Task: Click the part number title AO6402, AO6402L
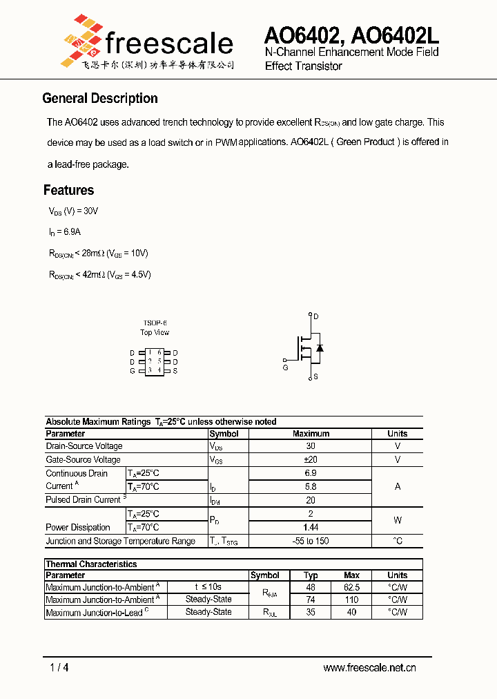point(351,34)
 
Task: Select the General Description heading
point(100,98)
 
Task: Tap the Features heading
point(68,190)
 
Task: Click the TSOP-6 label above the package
point(155,323)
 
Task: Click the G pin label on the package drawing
point(133,371)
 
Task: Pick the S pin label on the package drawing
point(175,371)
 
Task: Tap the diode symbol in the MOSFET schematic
point(319,347)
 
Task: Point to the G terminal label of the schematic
point(285,367)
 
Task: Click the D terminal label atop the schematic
point(316,316)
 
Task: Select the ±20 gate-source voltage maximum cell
point(311,459)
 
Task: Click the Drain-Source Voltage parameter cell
point(84,446)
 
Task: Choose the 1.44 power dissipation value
point(311,527)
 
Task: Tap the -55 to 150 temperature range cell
point(311,541)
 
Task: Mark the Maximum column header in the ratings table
point(311,434)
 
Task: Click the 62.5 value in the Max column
point(351,587)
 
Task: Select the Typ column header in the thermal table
point(311,575)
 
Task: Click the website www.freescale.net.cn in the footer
point(369,667)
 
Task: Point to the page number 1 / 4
point(59,667)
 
